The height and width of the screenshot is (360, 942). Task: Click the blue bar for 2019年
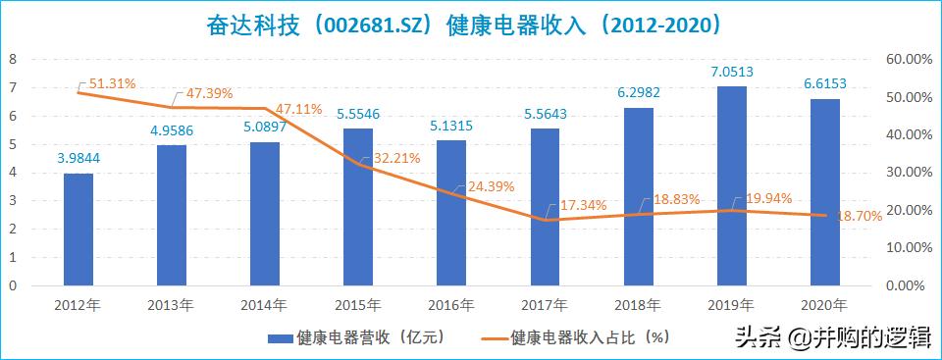tap(732, 186)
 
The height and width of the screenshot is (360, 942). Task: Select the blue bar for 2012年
tap(78, 230)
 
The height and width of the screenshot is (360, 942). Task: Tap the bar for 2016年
tap(451, 213)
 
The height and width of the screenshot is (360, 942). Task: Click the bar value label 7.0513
tap(732, 71)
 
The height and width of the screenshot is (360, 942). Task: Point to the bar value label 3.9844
tap(78, 158)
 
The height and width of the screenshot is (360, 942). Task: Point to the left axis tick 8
tap(13, 59)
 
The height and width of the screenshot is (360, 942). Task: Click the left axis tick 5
tap(13, 144)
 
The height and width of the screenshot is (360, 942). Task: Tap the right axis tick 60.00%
tap(908, 59)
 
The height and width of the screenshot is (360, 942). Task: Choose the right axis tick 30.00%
tap(908, 173)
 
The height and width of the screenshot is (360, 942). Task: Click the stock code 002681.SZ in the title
tap(368, 23)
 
